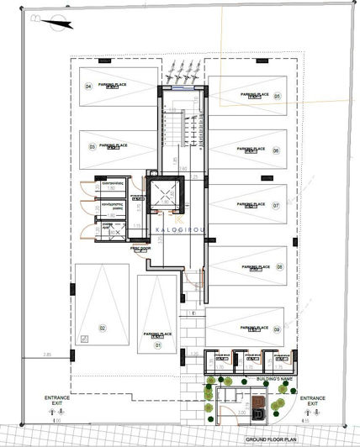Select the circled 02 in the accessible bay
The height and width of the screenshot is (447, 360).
click(101, 328)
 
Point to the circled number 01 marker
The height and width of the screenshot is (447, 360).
click(156, 344)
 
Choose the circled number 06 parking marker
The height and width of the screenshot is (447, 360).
click(275, 150)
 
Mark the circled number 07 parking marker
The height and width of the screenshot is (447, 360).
click(275, 204)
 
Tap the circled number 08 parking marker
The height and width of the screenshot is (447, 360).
click(279, 266)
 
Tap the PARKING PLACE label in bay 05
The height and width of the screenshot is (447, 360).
click(252, 95)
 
